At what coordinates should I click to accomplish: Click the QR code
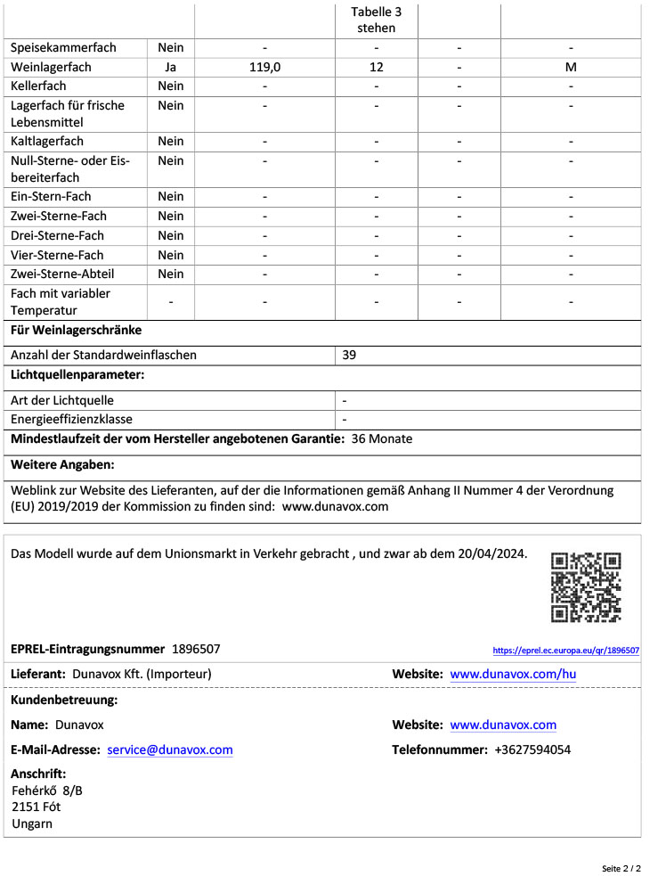[585, 587]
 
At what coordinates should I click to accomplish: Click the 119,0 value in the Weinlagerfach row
[265, 67]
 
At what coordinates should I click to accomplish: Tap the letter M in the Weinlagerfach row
[571, 67]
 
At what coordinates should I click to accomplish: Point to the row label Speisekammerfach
[63, 47]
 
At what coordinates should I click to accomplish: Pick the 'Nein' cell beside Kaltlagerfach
[170, 141]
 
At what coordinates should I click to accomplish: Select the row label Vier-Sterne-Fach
[57, 255]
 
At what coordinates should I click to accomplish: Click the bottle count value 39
[350, 355]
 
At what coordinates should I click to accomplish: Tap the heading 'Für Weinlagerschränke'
[76, 330]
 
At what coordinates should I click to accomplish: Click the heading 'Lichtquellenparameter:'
[77, 374]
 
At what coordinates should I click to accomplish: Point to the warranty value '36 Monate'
[382, 438]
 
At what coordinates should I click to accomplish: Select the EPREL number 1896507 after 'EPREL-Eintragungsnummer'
[196, 649]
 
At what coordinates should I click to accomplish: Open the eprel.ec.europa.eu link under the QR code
[565, 651]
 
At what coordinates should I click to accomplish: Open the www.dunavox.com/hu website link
[513, 674]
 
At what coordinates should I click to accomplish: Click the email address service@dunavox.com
[170, 749]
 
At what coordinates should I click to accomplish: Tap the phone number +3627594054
[532, 749]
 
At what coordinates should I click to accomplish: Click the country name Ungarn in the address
[32, 823]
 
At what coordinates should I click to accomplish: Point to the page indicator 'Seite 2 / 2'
[621, 868]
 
